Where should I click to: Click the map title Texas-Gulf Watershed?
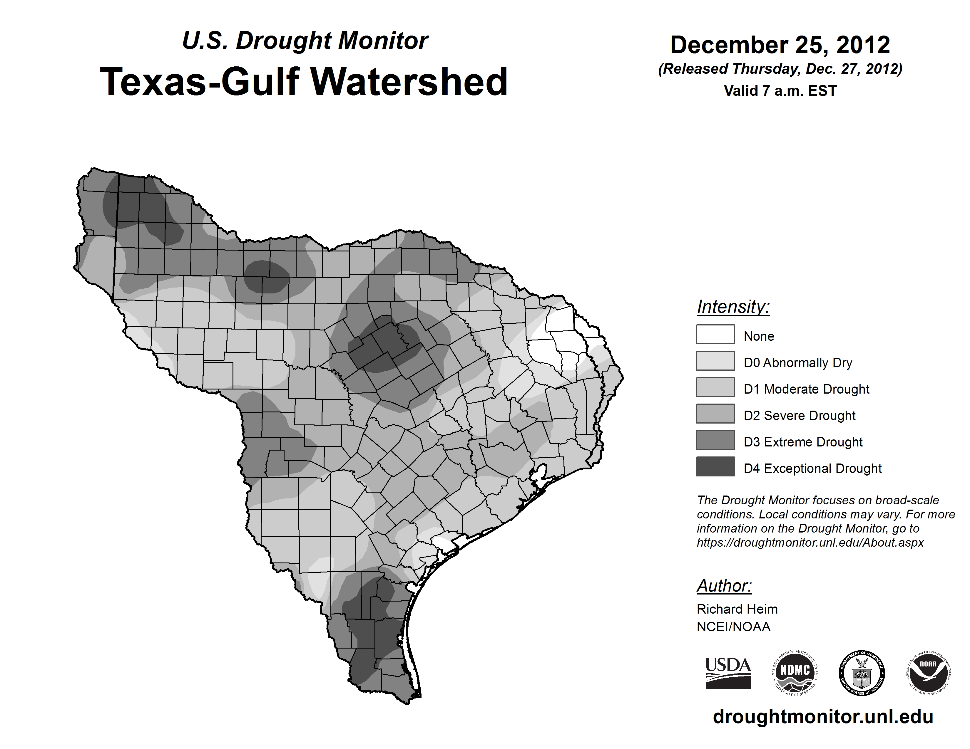click(x=304, y=82)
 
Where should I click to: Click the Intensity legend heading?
click(x=733, y=307)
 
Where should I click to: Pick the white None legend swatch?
click(x=715, y=334)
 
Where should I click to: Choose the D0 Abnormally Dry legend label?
click(x=798, y=363)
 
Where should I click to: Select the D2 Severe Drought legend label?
click(x=800, y=416)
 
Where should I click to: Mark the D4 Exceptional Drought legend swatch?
click(x=715, y=466)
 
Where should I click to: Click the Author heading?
click(x=724, y=586)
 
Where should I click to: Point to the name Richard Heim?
click(x=737, y=609)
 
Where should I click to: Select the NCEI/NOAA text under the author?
click(x=733, y=627)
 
